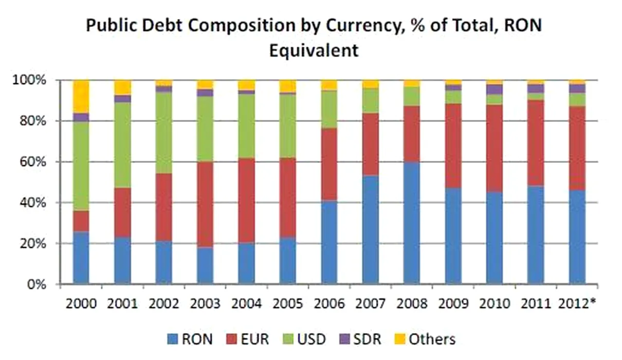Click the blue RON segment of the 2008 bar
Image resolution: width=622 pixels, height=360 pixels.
411,223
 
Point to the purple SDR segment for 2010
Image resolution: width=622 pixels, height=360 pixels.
494,89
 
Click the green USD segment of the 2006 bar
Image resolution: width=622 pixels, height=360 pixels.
328,110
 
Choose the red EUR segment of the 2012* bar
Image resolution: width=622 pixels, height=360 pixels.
577,148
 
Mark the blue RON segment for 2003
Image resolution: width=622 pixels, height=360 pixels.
205,265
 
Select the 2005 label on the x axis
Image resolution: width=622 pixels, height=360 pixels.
288,303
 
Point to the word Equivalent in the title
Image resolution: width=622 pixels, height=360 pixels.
313,51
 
